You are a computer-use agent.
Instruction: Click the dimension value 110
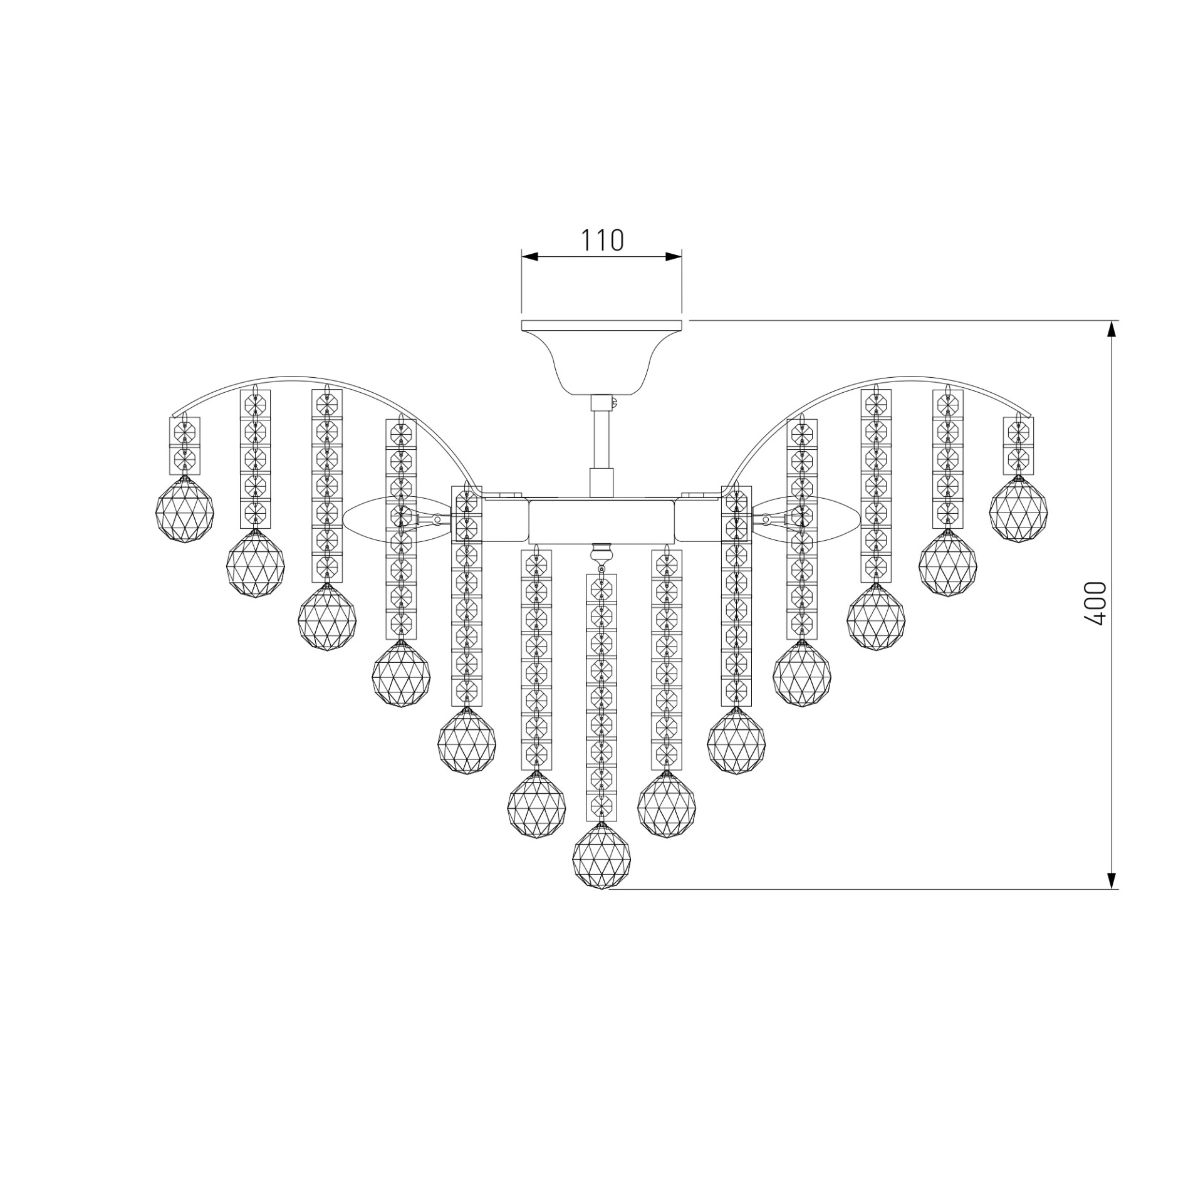point(602,240)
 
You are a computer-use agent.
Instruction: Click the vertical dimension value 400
point(1096,603)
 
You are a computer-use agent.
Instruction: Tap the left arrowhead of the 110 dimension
point(530,256)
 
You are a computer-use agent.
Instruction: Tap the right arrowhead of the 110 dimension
point(674,256)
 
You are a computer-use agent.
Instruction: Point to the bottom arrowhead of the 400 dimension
point(1112,880)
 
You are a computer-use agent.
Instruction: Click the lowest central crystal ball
point(601,857)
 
